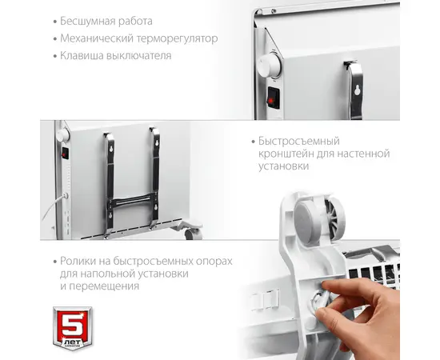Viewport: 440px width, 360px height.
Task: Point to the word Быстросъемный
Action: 299,141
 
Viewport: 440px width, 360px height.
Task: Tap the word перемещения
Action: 104,286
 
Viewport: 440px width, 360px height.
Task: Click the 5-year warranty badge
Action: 73,328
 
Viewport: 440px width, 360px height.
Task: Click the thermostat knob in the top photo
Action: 269,66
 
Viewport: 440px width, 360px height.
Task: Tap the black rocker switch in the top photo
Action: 274,97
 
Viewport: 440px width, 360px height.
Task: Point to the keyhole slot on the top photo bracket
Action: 357,90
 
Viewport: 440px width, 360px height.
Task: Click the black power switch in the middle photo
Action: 65,154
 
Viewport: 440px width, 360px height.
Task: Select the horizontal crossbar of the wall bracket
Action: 131,201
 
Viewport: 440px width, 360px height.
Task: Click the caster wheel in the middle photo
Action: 194,234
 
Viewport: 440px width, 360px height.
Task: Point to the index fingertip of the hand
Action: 325,286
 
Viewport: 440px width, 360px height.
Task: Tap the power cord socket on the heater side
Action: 66,195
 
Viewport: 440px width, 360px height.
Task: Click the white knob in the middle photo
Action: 62,135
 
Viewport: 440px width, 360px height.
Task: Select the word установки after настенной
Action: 283,166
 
